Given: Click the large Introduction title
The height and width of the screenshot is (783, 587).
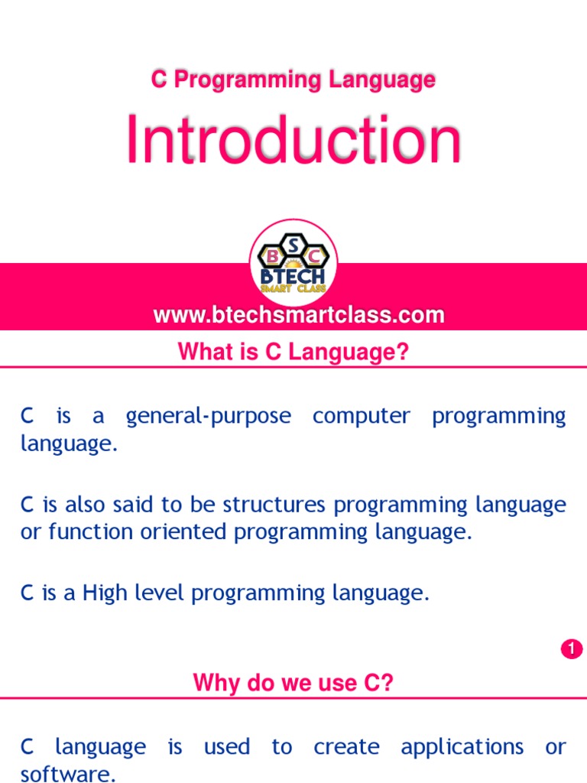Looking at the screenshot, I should [x=293, y=141].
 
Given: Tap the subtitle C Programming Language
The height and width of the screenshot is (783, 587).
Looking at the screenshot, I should [x=293, y=80].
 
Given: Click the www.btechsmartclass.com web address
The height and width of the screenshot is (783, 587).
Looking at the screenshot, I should [x=299, y=314].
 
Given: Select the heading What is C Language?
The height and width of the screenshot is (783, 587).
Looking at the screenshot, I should [x=293, y=352].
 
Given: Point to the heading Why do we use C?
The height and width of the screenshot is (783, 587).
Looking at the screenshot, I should [x=293, y=682].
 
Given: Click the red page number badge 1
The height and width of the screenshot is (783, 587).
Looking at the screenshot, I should [x=571, y=649].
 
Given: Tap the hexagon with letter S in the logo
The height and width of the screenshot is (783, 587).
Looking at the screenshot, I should [x=293, y=243].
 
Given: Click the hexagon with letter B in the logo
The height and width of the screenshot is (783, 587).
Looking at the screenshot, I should [x=272, y=255].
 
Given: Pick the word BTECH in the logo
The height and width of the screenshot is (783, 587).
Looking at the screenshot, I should [x=293, y=275].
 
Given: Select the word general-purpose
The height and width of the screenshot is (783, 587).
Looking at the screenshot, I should [x=208, y=417].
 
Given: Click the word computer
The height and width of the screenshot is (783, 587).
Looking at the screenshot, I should [x=362, y=417].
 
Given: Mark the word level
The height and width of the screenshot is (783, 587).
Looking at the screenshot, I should [x=162, y=593].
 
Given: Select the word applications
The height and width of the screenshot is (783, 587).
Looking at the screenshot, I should [x=462, y=746].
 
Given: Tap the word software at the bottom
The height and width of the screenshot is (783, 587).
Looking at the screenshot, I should [x=67, y=774].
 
